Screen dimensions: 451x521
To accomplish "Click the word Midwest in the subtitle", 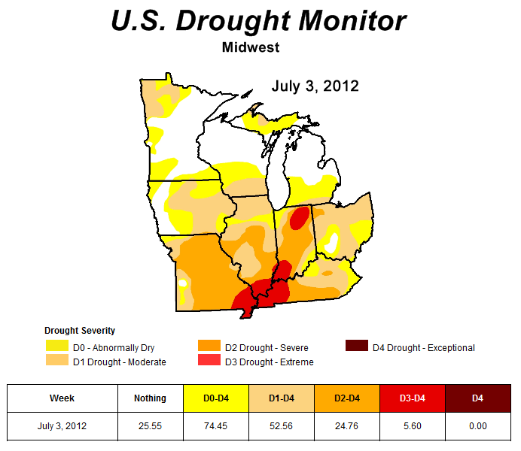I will [251, 47].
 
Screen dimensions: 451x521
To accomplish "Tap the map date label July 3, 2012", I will [315, 86].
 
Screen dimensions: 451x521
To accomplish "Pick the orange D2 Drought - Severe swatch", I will [209, 347].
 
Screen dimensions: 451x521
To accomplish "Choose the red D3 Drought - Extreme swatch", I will [209, 361].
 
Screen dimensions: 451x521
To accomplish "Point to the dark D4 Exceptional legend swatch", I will [356, 347].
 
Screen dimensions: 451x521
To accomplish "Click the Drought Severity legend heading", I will [80, 331].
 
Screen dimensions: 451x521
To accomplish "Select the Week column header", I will [62, 398].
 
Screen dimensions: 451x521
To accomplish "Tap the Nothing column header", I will [151, 398].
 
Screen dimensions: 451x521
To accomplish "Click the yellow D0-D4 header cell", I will [215, 398].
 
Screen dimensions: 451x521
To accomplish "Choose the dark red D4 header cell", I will [477, 398].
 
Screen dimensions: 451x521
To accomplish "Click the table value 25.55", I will [151, 426].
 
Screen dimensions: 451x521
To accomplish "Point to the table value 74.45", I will [215, 426].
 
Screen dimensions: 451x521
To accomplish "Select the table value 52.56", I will [281, 426].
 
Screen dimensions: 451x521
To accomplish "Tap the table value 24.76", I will [346, 426].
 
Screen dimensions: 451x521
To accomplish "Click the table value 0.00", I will [477, 426].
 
